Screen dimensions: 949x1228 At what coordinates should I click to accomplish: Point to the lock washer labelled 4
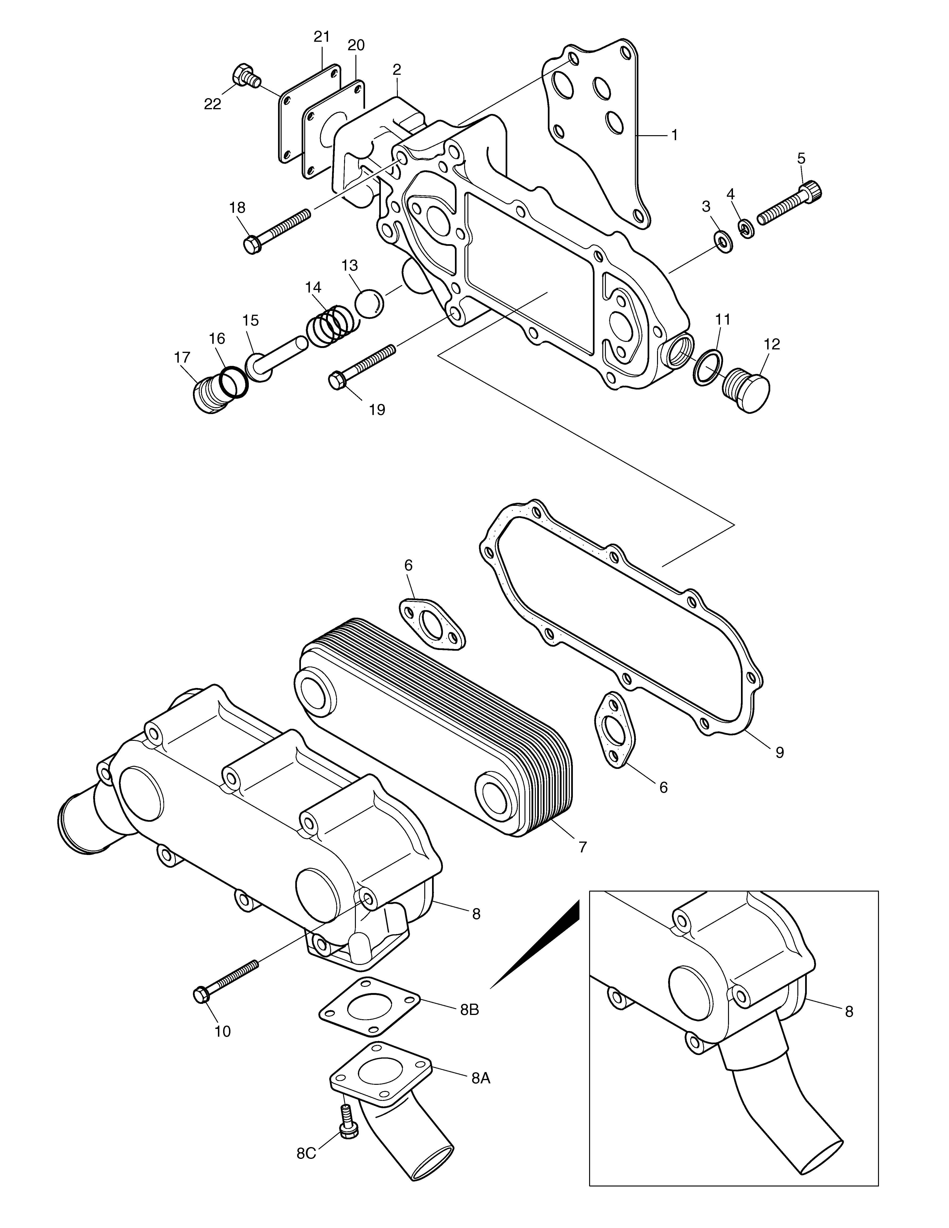746,228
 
